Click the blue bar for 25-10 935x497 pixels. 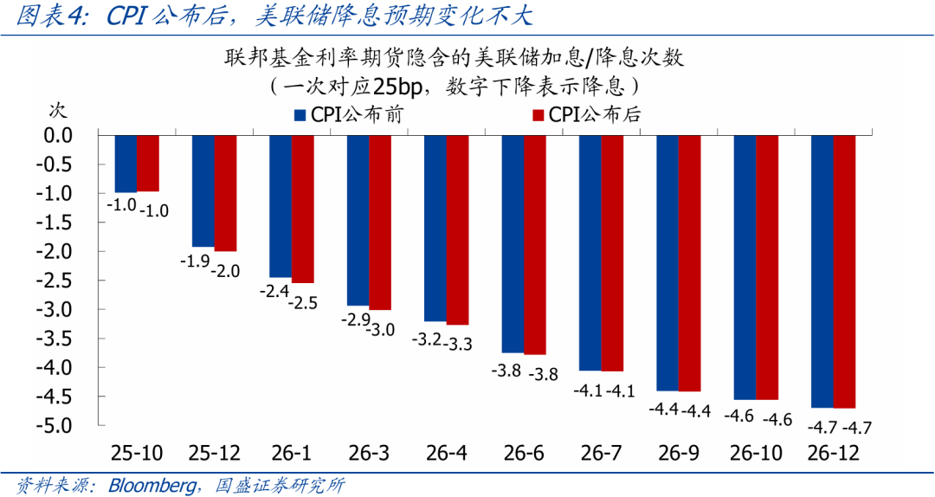(x=126, y=164)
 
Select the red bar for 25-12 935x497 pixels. (x=225, y=193)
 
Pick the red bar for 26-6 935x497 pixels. (x=534, y=245)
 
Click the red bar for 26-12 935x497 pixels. (x=844, y=271)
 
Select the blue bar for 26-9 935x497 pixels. (x=667, y=263)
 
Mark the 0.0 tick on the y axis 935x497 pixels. (x=59, y=135)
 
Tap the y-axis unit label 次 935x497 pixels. (x=56, y=110)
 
